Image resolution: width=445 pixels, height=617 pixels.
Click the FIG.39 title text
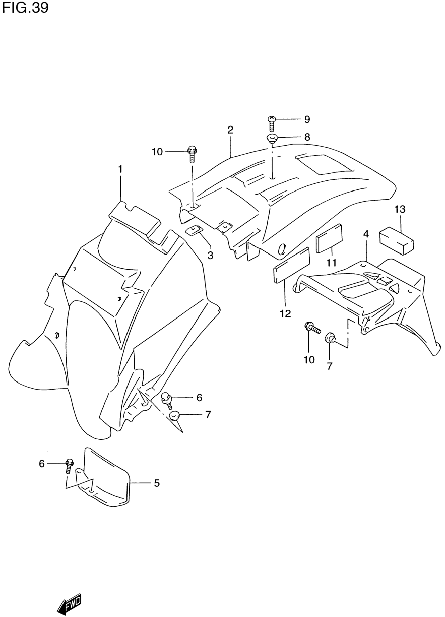pos(25,8)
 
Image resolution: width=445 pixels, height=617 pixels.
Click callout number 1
pos(120,169)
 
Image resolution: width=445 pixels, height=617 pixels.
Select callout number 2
pos(230,130)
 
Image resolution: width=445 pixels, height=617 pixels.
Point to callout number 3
pos(210,255)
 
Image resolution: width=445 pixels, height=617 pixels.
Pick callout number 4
pos(366,234)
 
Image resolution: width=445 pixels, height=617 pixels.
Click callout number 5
pos(157,483)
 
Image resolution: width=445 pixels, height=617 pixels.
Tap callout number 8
pos(307,137)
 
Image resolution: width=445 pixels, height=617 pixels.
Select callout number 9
pos(307,119)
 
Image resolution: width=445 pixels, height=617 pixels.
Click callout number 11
pos(332,263)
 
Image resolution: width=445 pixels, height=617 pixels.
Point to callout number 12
pos(285,314)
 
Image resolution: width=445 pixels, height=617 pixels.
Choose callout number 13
pos(400,209)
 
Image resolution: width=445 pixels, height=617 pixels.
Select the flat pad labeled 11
pos(329,238)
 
